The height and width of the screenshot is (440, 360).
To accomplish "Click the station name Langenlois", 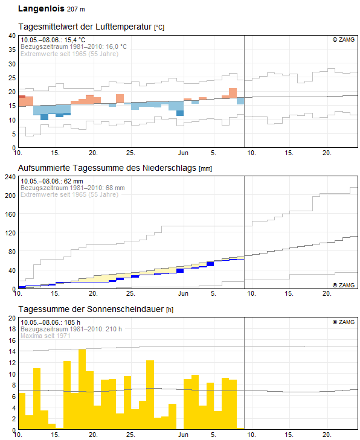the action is tap(41, 8).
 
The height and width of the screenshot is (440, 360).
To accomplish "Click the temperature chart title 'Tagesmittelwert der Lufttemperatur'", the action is tap(85, 27).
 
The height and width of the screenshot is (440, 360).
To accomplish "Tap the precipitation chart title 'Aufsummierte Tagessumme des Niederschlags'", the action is tap(107, 168).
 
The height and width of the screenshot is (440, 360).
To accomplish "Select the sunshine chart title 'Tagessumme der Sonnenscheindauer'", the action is tap(91, 309).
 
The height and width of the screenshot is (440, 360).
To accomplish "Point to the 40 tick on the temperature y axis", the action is tap(12, 36).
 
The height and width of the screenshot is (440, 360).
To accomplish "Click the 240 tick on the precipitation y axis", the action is tap(10, 177).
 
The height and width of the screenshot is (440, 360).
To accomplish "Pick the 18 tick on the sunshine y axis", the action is tap(12, 329).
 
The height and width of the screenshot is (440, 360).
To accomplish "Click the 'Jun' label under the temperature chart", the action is tap(183, 153).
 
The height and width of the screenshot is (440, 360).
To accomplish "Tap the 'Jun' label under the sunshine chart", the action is tap(183, 435).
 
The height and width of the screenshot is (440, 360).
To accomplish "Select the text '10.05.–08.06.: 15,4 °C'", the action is tap(53, 40).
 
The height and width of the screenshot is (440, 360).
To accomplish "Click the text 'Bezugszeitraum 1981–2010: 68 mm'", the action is tap(72, 188).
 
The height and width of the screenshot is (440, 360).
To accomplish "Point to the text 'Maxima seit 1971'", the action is tap(45, 336).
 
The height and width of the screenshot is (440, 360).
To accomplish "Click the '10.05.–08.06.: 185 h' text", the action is tap(50, 322).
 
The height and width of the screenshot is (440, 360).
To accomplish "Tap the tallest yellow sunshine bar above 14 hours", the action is tap(82, 389).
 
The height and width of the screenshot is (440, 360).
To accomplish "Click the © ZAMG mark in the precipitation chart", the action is tap(344, 285).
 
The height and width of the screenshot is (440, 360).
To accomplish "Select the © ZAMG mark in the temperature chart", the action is tap(344, 40).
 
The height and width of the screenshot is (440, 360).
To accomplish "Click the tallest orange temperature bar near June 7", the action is tap(233, 93).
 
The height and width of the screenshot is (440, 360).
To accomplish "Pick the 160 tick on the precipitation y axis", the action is tap(10, 214).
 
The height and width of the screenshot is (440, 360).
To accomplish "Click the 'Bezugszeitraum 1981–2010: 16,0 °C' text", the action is tap(74, 46).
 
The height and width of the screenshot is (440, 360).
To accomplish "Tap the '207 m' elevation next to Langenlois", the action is tap(76, 9).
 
